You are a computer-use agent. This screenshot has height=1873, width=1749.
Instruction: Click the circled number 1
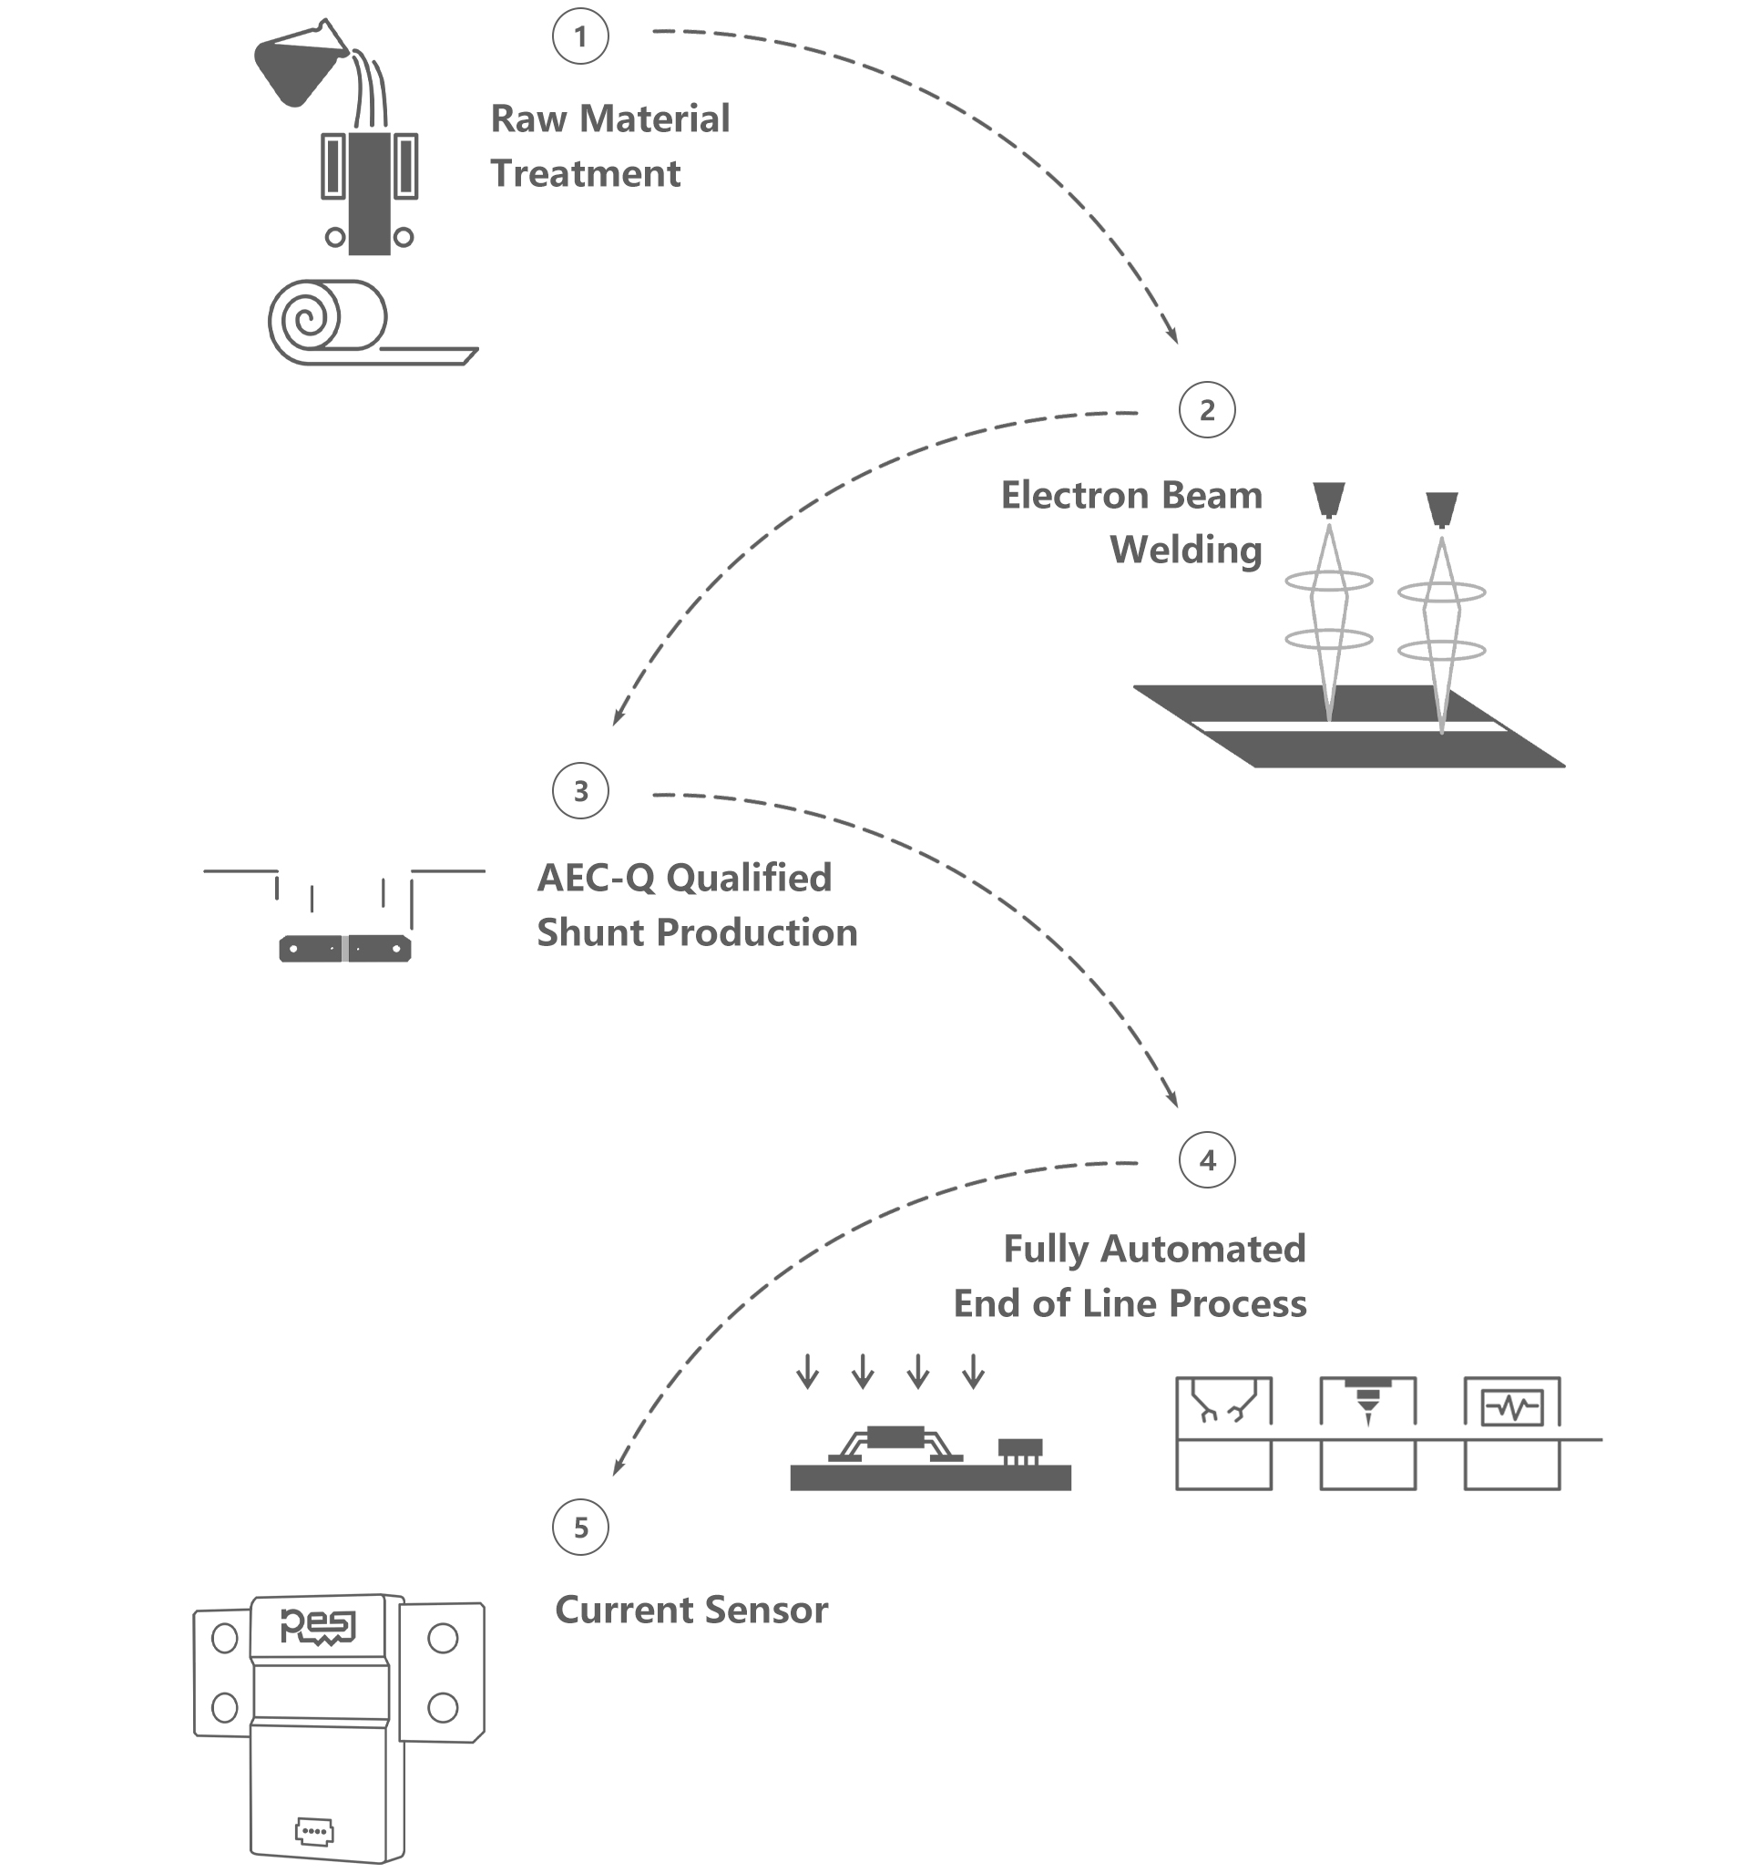tap(580, 36)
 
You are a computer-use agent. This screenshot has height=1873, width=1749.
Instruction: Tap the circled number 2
tap(1206, 410)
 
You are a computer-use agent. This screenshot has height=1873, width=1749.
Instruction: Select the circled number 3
tap(580, 790)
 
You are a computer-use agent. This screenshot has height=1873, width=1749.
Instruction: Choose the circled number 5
tap(580, 1528)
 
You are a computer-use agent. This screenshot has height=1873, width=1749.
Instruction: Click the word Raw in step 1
tap(528, 119)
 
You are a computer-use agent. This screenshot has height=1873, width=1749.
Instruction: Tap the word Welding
tap(1186, 551)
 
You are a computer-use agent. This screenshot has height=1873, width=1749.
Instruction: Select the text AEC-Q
tap(595, 878)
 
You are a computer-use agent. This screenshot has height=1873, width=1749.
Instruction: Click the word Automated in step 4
tap(1202, 1250)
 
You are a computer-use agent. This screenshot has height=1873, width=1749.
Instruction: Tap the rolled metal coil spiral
tap(307, 320)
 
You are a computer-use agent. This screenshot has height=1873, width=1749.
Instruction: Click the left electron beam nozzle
tap(1328, 499)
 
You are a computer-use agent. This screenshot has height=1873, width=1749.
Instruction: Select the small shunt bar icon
tap(344, 948)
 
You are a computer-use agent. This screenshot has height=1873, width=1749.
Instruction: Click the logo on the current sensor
tap(317, 1626)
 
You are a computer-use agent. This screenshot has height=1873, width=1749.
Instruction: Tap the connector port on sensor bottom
tap(313, 1832)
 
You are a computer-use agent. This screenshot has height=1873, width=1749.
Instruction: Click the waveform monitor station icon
tap(1511, 1407)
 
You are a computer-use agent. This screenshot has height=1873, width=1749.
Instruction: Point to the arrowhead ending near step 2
tap(1173, 336)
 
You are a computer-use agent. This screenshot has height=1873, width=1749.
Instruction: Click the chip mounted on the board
tap(895, 1436)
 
